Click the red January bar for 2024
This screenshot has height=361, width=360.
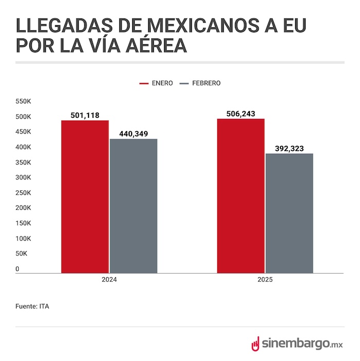pyautogui.click(x=85, y=196)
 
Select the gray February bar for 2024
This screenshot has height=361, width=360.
pyautogui.click(x=133, y=206)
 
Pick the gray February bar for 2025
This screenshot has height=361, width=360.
pyautogui.click(x=289, y=213)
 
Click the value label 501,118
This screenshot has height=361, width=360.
pyautogui.click(x=85, y=115)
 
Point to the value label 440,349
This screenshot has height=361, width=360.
pyautogui.click(x=133, y=134)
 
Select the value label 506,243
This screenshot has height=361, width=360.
pyautogui.click(x=241, y=114)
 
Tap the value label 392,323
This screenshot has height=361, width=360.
pyautogui.click(x=289, y=149)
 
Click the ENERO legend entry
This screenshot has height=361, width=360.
pyautogui.click(x=156, y=83)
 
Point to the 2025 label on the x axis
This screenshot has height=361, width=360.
pyautogui.click(x=265, y=281)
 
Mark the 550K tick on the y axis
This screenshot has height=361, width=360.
pyautogui.click(x=24, y=101)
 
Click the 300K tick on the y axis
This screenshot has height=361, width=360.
pyautogui.click(x=24, y=177)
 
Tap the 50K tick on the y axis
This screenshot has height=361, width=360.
pyautogui.click(x=22, y=254)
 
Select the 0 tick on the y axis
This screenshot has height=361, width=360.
pyautogui.click(x=17, y=269)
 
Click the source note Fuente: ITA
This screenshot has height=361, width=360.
pyautogui.click(x=32, y=306)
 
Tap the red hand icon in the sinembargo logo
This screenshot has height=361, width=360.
pyautogui.click(x=255, y=344)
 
